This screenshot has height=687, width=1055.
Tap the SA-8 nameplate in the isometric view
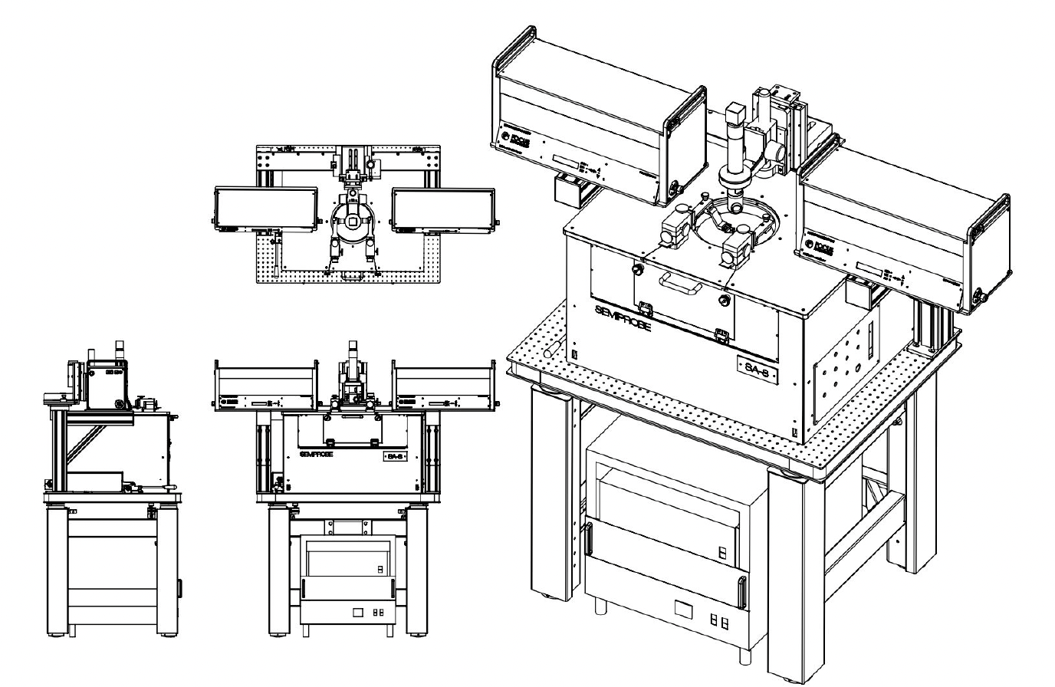758,372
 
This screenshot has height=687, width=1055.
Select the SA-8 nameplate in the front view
396,456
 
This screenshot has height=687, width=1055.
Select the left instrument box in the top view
265,210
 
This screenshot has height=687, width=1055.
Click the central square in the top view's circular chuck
353,222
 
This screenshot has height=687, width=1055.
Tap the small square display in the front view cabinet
357,613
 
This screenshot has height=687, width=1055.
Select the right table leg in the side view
168,571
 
